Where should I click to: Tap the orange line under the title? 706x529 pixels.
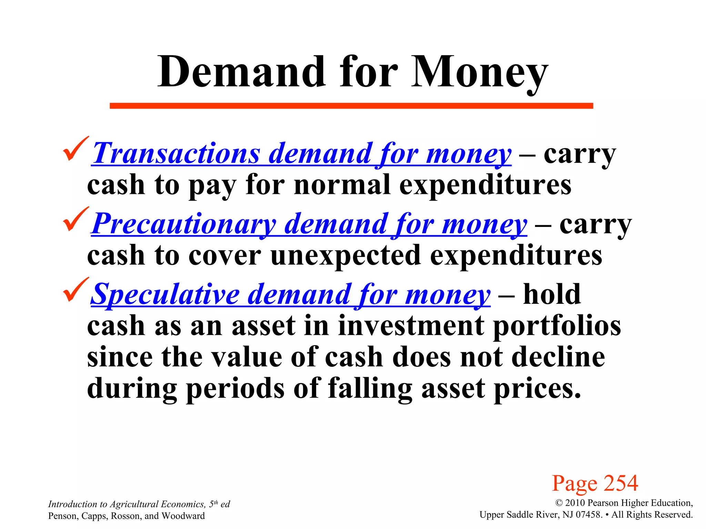(351, 106)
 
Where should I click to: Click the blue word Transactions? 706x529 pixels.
(176, 154)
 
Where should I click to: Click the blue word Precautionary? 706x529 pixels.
(184, 224)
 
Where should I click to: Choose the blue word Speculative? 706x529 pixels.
(165, 294)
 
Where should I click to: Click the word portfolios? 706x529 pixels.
(557, 326)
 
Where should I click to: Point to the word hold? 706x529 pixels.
(552, 294)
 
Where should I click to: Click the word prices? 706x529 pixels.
(537, 388)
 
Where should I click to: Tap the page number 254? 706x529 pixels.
(621, 483)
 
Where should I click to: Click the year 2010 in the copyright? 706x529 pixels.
(575, 503)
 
